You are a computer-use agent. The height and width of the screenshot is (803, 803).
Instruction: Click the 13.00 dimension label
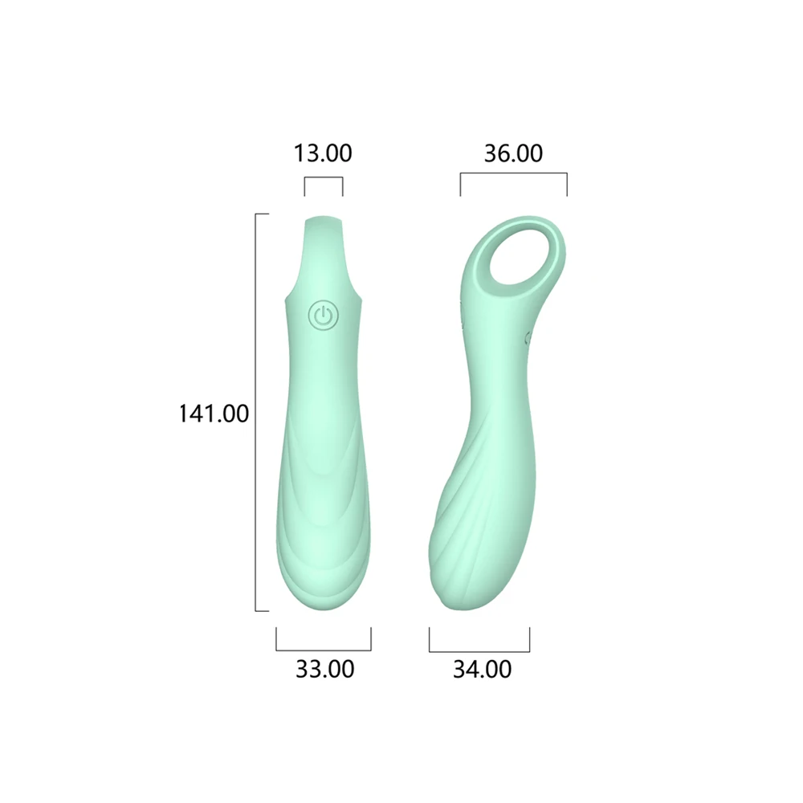click(323, 153)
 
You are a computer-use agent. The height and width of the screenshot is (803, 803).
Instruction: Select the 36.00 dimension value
click(513, 153)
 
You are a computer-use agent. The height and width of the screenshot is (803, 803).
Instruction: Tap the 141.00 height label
click(214, 414)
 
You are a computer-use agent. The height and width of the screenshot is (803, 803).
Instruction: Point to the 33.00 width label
click(324, 669)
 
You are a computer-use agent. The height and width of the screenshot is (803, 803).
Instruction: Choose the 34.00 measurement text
click(482, 669)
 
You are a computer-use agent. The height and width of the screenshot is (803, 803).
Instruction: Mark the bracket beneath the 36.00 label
click(513, 173)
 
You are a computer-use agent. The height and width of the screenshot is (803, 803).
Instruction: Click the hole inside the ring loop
click(521, 256)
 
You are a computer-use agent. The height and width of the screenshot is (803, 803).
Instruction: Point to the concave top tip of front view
click(324, 219)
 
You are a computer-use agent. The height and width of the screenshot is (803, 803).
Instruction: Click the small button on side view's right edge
click(528, 338)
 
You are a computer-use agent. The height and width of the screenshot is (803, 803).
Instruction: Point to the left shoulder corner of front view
click(288, 299)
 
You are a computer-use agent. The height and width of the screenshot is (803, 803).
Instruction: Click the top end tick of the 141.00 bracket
click(262, 214)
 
